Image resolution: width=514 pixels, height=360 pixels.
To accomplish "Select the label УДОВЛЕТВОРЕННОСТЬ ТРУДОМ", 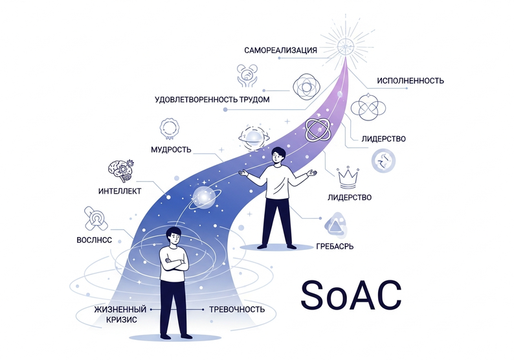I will pos(212,100).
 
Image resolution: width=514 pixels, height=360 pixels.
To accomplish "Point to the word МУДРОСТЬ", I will pos(170,150).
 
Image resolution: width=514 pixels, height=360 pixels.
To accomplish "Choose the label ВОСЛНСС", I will pos(94,240).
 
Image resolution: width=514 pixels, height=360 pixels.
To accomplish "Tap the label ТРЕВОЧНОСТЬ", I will pos(237,309).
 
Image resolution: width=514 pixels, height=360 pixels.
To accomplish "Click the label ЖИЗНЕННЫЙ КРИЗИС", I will pos(120,315).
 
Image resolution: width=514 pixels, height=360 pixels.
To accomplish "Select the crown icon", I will pos(349,174).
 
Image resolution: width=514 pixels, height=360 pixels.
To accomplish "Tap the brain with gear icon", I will pos(119,170).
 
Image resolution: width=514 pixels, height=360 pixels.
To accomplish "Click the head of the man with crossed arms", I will pos(174,238).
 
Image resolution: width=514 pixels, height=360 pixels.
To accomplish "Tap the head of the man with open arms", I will pos(276,155).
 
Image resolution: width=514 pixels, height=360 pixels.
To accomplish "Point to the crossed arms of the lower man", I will pos(174,263).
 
